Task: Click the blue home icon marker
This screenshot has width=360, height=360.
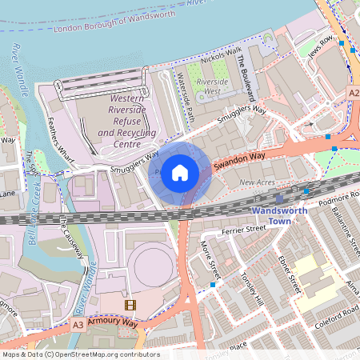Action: (x=180, y=172)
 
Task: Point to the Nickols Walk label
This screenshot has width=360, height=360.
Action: (x=222, y=56)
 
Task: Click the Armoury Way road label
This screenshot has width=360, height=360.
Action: (x=114, y=322)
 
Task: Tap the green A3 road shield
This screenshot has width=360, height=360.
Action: (x=78, y=325)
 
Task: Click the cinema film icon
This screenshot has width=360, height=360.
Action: (x=130, y=305)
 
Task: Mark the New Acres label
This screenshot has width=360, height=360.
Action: (x=258, y=183)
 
